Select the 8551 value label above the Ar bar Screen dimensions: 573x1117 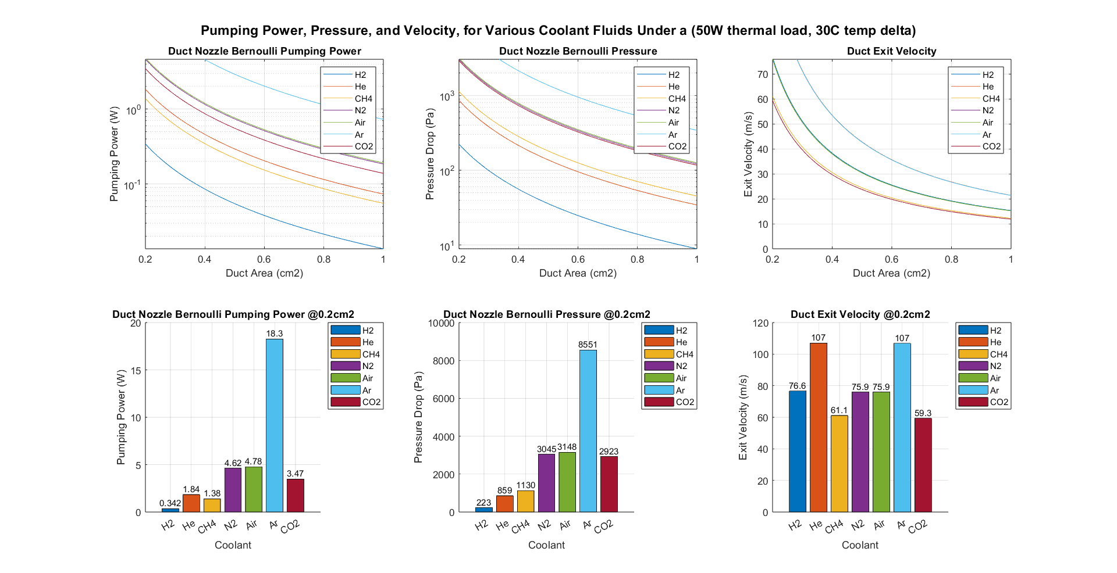coord(588,345)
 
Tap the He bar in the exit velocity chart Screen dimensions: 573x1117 coord(818,427)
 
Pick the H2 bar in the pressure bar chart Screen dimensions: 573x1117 coord(483,510)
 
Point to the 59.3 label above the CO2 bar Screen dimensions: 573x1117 coord(923,413)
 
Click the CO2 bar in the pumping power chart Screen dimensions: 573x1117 coord(295,495)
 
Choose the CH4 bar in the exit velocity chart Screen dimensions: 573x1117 coord(839,464)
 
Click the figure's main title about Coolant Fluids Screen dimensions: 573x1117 coord(558,30)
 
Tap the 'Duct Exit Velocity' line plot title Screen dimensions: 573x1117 coord(891,51)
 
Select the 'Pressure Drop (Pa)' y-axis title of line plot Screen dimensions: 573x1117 coord(430,154)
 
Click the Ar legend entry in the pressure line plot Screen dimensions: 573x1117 coord(673,135)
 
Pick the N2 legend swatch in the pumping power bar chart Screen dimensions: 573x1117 coord(346,366)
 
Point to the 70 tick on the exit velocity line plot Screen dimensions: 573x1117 coord(762,74)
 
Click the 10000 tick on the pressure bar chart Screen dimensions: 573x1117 coord(441,323)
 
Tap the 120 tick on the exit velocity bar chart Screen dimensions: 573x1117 coord(761,323)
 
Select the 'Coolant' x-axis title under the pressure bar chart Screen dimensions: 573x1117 coord(546,545)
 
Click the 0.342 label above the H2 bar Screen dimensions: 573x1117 coord(170,503)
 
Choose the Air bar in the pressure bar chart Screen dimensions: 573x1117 coord(567,482)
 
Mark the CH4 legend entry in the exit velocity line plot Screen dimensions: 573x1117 coord(991,99)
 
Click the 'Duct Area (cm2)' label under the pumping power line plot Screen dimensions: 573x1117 coord(264,273)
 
